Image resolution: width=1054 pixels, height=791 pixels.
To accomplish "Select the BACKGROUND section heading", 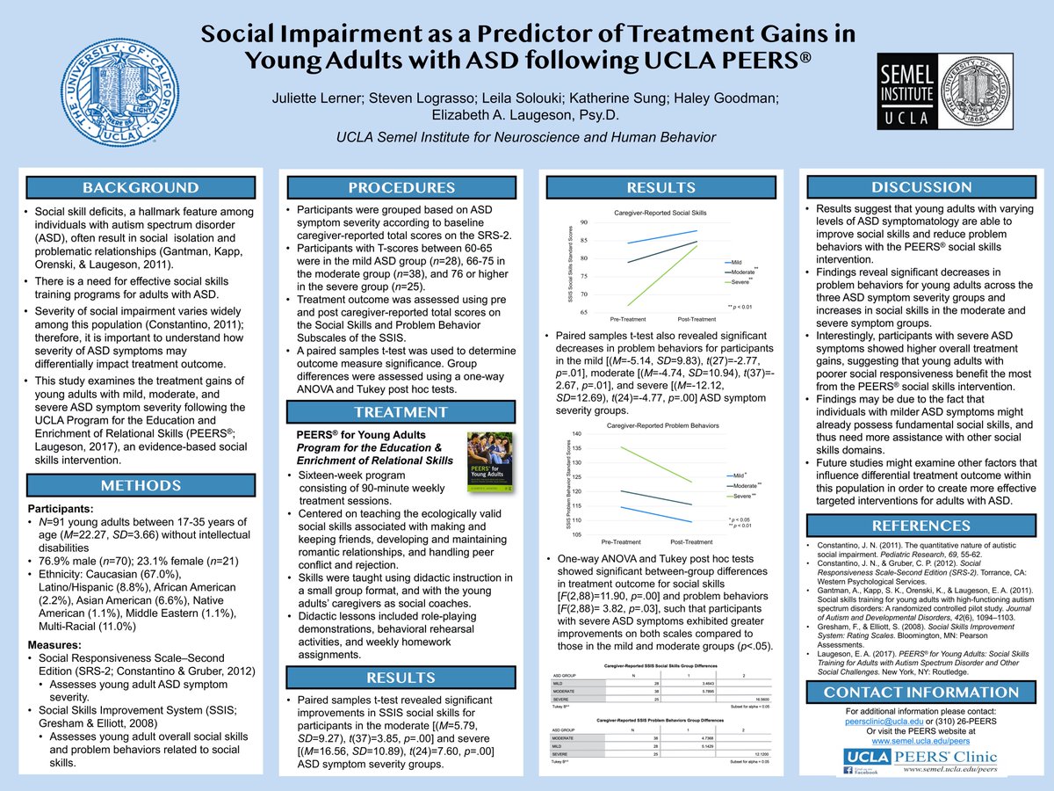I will (141, 187).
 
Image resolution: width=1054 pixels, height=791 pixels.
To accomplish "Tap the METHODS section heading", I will (141, 485).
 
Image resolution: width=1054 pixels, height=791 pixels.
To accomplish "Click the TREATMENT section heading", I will (401, 411).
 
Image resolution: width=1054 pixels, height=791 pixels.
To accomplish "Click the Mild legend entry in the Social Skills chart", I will (736, 262).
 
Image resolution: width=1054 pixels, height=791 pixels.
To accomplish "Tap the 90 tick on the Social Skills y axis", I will (584, 222).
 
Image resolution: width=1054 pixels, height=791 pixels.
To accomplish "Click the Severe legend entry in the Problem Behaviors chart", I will (739, 497).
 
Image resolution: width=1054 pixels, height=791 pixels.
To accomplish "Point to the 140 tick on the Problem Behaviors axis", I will (577, 434).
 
